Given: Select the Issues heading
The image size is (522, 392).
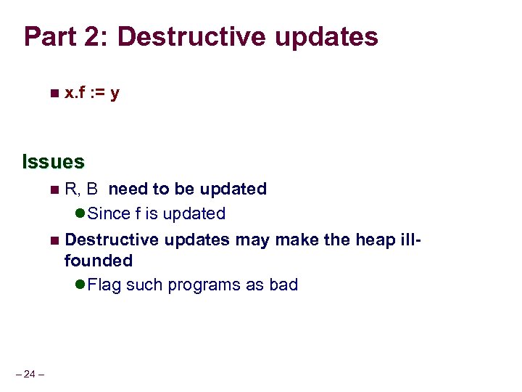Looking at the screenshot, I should tap(54, 160).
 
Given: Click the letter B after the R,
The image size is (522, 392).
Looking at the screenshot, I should tap(92, 189).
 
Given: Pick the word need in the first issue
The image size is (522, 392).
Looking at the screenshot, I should tap(128, 189).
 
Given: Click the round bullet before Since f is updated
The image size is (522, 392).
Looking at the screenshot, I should tap(80, 214).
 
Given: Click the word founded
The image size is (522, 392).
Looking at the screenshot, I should tap(99, 260).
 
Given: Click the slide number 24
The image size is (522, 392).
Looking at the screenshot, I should tap(29, 374).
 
